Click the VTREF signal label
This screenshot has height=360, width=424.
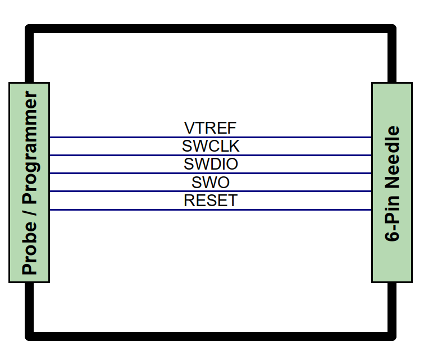[x=211, y=128]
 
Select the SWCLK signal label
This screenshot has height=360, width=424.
[x=211, y=146]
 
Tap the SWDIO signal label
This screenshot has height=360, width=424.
[x=211, y=164]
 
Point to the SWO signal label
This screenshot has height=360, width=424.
[x=211, y=182]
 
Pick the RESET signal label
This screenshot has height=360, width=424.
[x=211, y=200]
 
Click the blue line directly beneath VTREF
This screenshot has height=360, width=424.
[x=211, y=138]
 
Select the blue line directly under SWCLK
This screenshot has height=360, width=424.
[x=211, y=155]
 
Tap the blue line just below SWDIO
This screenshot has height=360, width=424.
[x=211, y=173]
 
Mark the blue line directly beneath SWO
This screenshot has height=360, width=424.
[x=211, y=191]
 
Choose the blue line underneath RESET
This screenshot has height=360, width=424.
[x=211, y=209]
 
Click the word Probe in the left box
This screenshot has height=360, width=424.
[x=29, y=248]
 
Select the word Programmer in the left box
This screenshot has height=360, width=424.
[x=30, y=147]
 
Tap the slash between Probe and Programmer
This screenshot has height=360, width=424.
[x=30, y=212]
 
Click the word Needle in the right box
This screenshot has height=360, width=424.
[x=392, y=157]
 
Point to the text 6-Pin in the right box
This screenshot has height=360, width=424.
[x=392, y=218]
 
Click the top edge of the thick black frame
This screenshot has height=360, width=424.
[x=211, y=29]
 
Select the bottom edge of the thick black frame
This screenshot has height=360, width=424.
[x=211, y=336]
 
